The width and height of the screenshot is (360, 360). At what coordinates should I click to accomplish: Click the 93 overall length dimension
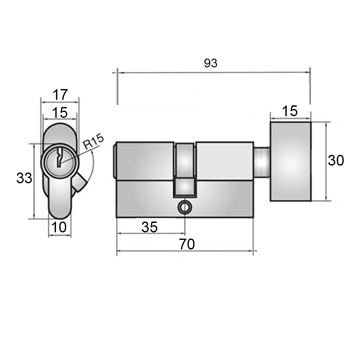(x=210, y=63)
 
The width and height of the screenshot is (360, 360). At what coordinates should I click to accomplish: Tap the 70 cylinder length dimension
(x=187, y=244)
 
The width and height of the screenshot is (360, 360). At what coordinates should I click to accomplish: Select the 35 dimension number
(x=150, y=227)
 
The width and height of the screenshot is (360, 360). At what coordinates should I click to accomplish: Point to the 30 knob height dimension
(x=336, y=160)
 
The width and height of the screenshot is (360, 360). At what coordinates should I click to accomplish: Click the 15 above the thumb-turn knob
(x=290, y=111)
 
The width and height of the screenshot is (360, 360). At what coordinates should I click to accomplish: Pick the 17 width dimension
(x=60, y=95)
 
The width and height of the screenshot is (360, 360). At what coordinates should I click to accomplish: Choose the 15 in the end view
(x=60, y=113)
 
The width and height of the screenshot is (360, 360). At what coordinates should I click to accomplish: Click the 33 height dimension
(x=24, y=178)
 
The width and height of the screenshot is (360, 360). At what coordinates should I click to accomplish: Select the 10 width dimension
(x=59, y=227)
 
